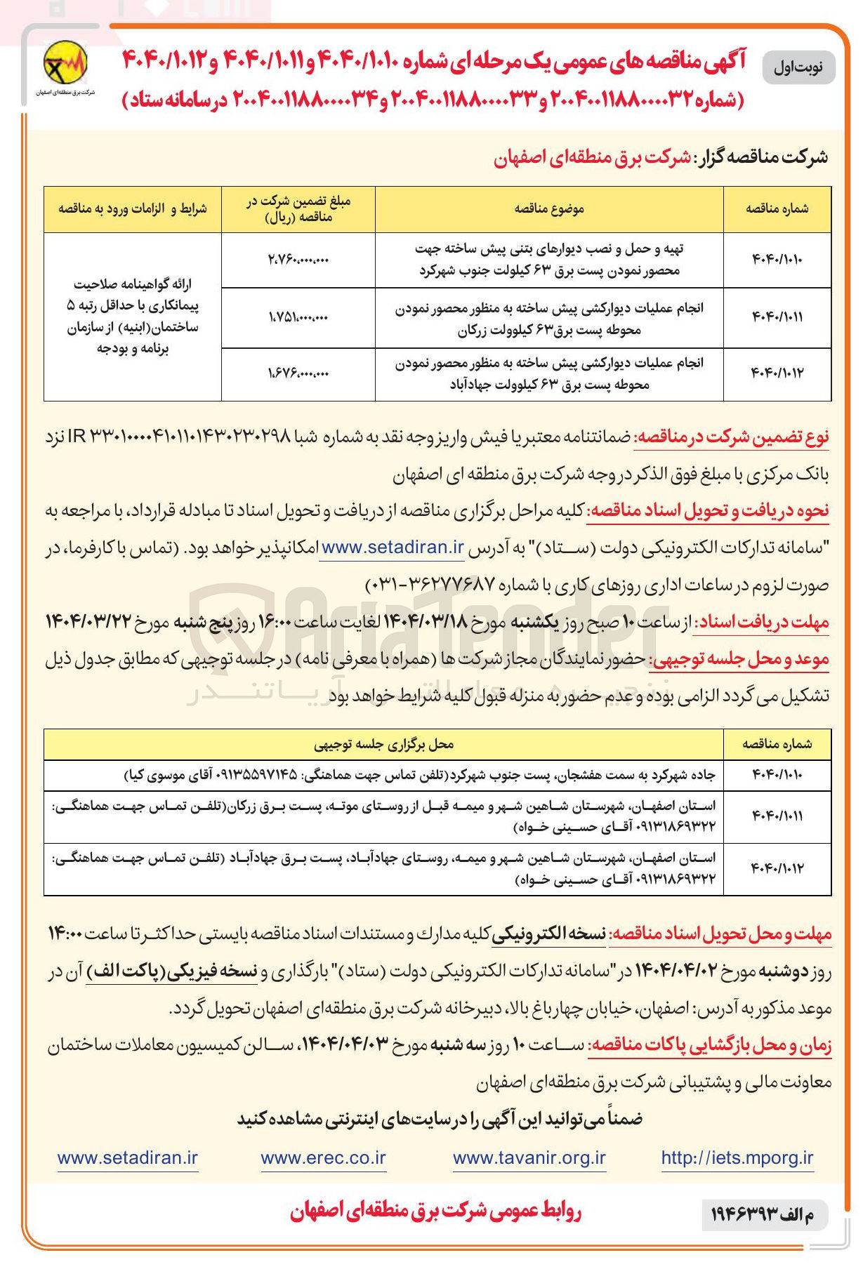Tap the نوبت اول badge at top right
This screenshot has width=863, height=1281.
point(798,68)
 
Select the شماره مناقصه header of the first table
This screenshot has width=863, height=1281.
point(777,208)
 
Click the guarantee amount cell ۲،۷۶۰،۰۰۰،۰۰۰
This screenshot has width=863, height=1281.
point(298,260)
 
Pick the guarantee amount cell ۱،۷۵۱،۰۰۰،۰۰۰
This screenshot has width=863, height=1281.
point(298,317)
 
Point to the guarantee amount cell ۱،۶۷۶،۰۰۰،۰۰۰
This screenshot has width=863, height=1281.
point(298,373)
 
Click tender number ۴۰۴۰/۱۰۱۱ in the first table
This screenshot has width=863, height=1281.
point(777,317)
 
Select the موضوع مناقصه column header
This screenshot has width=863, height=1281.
point(549,208)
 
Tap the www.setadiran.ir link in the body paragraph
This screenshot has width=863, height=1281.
point(393,547)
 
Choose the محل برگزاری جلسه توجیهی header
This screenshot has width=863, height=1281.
point(383,744)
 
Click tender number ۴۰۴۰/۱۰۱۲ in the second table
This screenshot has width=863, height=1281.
point(777,869)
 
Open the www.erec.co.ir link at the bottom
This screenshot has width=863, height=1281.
point(323,1158)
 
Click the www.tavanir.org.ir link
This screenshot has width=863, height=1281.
point(529,1158)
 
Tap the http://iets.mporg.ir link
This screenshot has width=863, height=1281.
point(737,1158)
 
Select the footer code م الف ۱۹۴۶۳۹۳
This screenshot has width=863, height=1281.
point(764,1214)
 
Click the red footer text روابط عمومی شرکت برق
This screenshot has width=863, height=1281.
point(435,1212)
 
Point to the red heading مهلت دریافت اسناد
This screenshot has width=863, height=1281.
point(761,622)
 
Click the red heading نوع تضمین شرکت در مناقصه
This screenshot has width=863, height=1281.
point(732,437)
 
